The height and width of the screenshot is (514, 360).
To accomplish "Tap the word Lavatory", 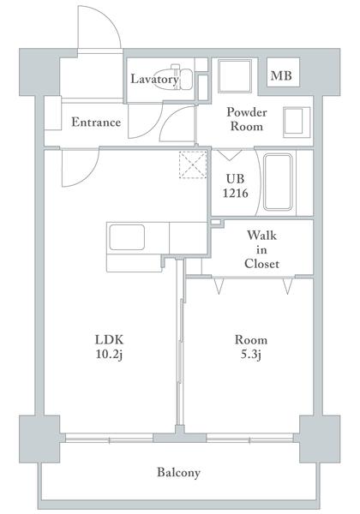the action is pyautogui.click(x=154, y=79).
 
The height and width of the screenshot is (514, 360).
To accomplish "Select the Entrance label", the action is pyautogui.click(x=96, y=122).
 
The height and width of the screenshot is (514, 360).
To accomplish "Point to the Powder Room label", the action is pyautogui.click(x=247, y=119).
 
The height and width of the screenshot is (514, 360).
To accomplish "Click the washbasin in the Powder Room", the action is pyautogui.click(x=297, y=122).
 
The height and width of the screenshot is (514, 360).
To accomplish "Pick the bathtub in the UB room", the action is pyautogui.click(x=278, y=182).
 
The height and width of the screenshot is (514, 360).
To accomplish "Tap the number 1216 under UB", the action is pyautogui.click(x=236, y=193).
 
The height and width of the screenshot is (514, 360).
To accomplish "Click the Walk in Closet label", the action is pyautogui.click(x=261, y=249).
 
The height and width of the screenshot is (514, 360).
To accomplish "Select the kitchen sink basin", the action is pyautogui.click(x=127, y=237).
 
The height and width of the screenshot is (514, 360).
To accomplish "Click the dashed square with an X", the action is pyautogui.click(x=193, y=164).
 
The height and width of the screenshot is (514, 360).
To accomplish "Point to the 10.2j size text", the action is pyautogui.click(x=109, y=355).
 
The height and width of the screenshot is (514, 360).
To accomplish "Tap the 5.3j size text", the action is pyautogui.click(x=251, y=355).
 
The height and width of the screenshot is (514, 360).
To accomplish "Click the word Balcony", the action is pyautogui.click(x=178, y=473).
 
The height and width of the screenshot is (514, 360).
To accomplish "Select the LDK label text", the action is pyautogui.click(x=109, y=339).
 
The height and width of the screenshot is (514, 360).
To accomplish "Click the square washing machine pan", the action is pyautogui.click(x=235, y=76).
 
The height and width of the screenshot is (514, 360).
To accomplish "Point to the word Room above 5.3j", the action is pyautogui.click(x=251, y=340).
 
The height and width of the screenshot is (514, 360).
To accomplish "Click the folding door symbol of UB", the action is pyautogui.click(x=230, y=155).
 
